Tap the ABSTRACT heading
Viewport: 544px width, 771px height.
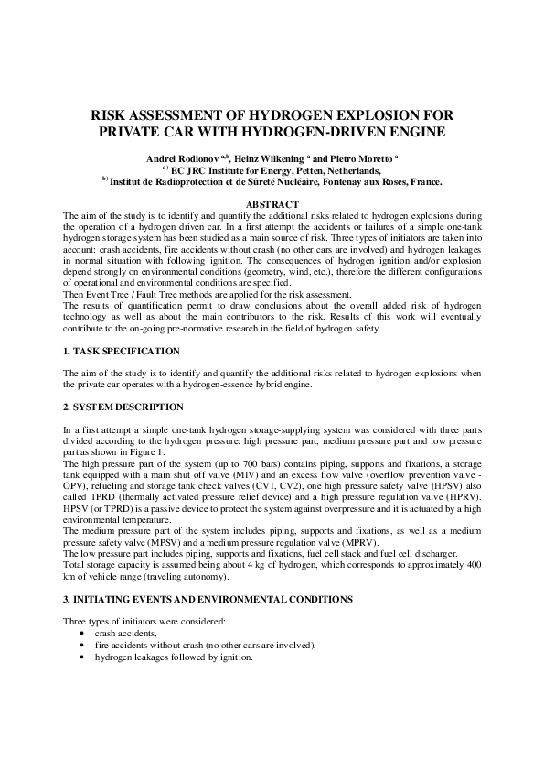pos(272,203)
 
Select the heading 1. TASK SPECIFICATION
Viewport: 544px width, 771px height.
pos(122,352)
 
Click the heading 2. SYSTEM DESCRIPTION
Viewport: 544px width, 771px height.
pos(123,407)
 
